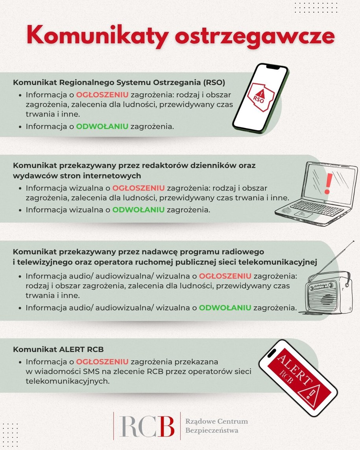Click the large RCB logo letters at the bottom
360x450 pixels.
point(147,426)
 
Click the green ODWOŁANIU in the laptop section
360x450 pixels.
point(138,210)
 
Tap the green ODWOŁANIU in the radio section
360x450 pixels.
point(225,307)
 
